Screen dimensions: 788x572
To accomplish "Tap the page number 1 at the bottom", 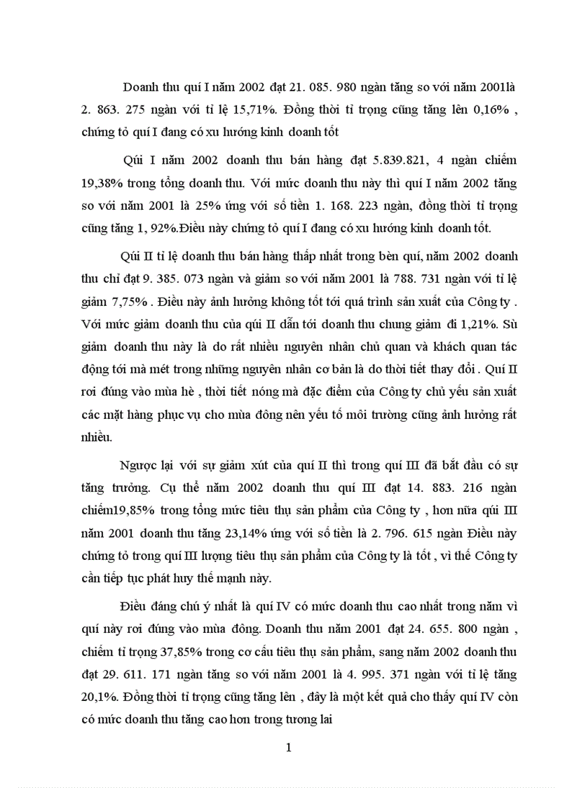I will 288,747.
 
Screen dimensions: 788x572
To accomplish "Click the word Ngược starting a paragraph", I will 137,466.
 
